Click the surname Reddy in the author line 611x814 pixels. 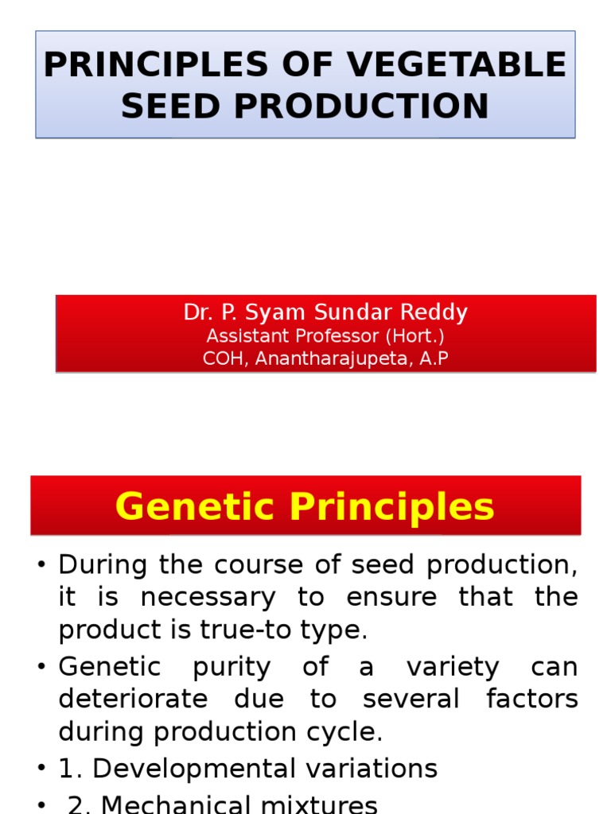[x=437, y=312]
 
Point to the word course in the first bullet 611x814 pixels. [x=241, y=564]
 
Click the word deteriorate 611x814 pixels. [x=133, y=699]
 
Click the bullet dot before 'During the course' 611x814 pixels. [x=41, y=565]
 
